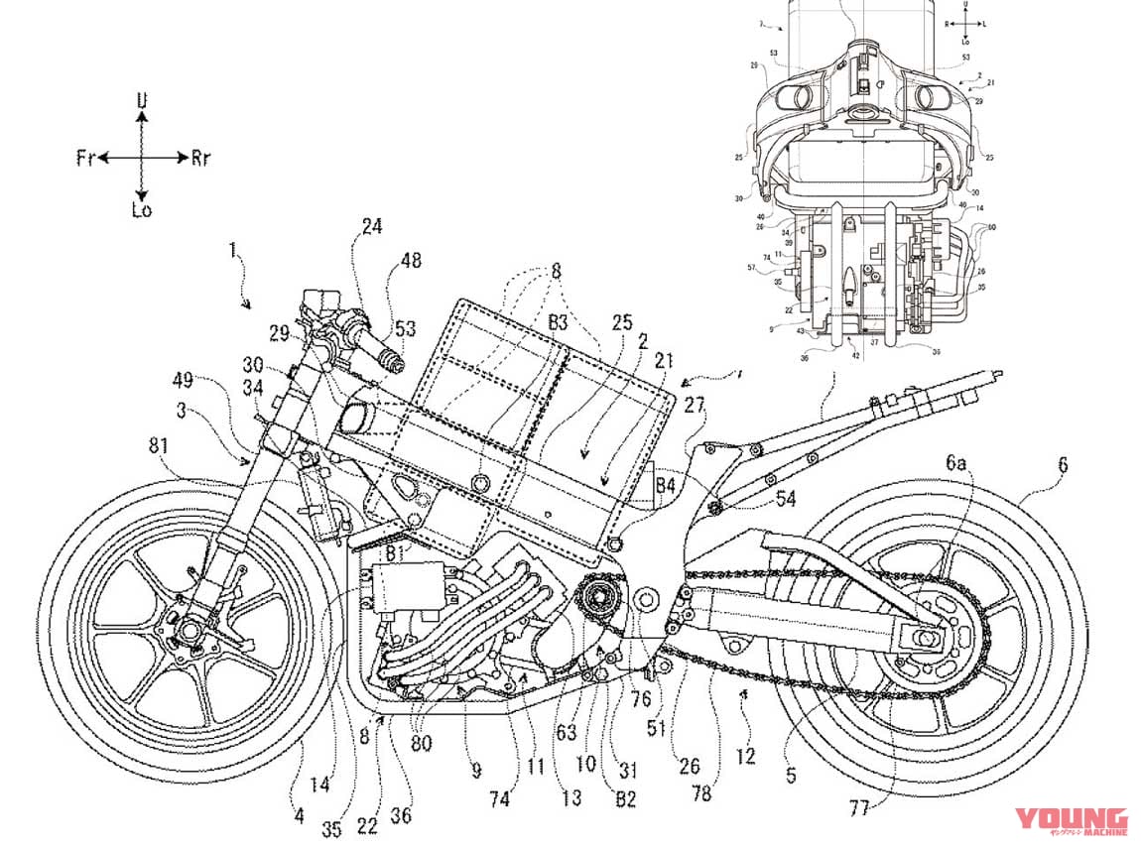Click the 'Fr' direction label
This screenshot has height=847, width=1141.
(85, 158)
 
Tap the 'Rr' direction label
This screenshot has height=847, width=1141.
(200, 158)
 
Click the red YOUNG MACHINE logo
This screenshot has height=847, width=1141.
(1070, 821)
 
